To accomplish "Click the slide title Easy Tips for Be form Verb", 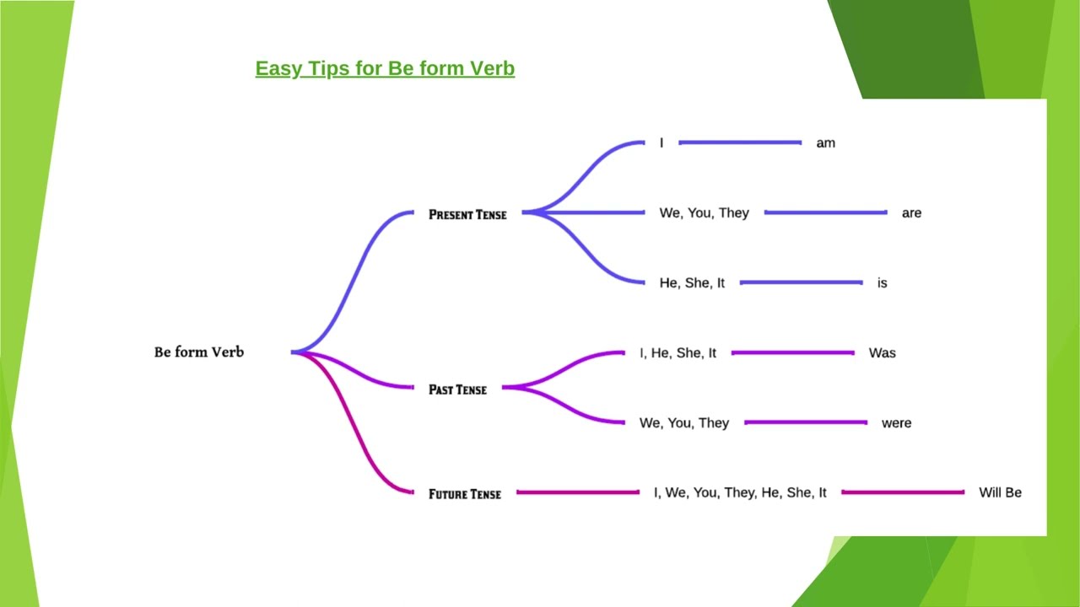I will [x=385, y=68].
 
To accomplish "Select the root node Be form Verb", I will [x=199, y=352].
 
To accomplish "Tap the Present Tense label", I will [x=467, y=214].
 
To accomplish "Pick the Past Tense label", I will [x=457, y=389].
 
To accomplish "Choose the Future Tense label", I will [x=464, y=494].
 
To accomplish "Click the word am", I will [x=825, y=143].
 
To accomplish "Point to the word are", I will [x=911, y=213].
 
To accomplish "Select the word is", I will [x=882, y=283].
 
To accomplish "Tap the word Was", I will [x=882, y=353].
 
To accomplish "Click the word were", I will [x=896, y=423].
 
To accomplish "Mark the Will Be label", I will [x=1000, y=492].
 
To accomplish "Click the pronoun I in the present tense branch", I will [x=661, y=143].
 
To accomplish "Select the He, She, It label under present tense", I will [x=692, y=283].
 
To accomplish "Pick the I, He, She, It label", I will [x=678, y=353].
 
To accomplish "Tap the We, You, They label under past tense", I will [x=684, y=423].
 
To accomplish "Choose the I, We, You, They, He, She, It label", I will [x=740, y=492].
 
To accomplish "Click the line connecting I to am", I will [x=739, y=142].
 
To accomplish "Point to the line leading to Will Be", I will [x=902, y=492].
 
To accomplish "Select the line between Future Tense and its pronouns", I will [x=577, y=492].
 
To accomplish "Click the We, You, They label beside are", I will [x=704, y=213].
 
